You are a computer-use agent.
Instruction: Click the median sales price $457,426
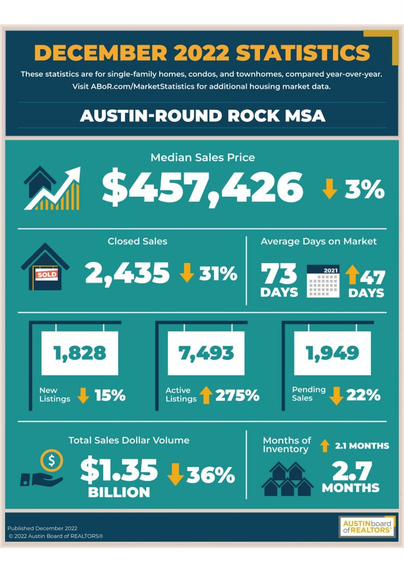click(203, 188)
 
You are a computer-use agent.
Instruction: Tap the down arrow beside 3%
click(329, 189)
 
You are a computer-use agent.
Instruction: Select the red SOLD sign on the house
click(46, 274)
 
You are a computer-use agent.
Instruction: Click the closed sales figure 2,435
click(127, 274)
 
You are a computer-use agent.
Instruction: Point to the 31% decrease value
click(218, 274)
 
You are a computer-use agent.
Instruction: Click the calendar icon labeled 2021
click(323, 282)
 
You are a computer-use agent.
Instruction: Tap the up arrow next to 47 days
click(352, 275)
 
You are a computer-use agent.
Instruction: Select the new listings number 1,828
click(80, 353)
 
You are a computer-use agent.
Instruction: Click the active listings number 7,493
click(206, 353)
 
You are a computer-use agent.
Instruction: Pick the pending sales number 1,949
click(333, 353)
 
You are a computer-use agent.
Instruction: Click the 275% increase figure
click(237, 395)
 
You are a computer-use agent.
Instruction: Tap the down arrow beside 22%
click(336, 395)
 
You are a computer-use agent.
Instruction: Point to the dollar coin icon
click(51, 460)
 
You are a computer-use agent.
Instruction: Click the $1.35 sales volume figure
click(119, 470)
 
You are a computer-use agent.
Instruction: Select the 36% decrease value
click(210, 475)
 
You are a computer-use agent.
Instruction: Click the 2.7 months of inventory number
click(352, 470)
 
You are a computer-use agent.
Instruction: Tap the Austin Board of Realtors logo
click(367, 527)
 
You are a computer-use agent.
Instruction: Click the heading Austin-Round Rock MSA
click(202, 116)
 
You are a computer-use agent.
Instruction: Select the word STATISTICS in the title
click(303, 53)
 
